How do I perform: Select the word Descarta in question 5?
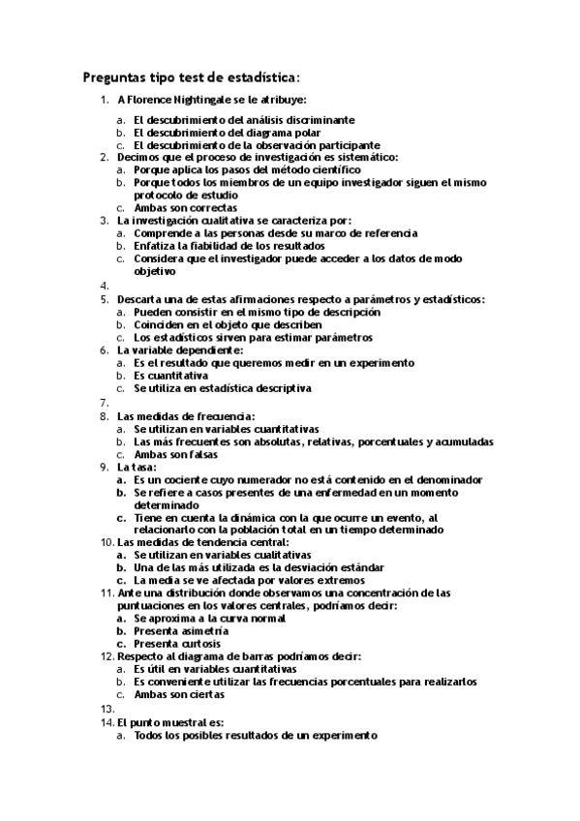click(x=140, y=299)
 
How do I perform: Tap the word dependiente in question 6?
click(x=198, y=350)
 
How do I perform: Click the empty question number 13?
click(x=107, y=708)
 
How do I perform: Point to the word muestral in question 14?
click(x=183, y=721)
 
